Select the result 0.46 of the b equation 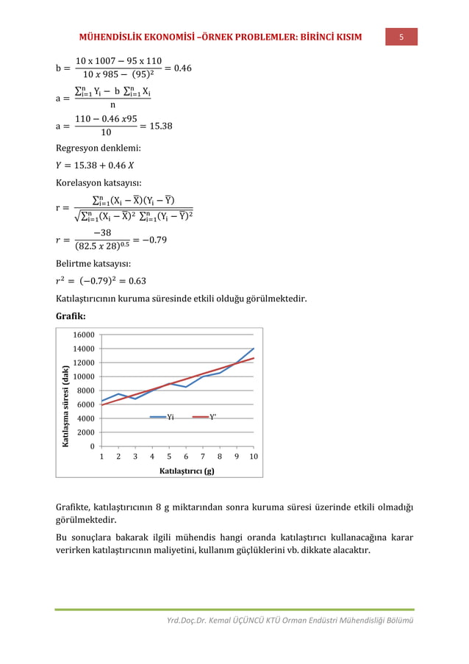[179, 68]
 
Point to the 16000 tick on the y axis [82, 335]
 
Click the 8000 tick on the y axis [84, 390]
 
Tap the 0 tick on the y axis [90, 446]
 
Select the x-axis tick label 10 [253, 457]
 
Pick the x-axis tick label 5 [169, 457]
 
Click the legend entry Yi [170, 417]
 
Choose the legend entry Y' [213, 417]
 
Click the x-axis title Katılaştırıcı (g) [187, 471]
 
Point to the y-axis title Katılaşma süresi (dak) [65, 406]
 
